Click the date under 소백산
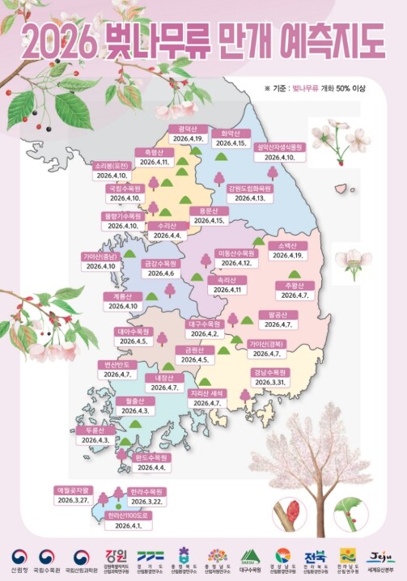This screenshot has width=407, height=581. pos(287,255)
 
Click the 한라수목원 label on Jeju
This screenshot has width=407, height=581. pos(148,491)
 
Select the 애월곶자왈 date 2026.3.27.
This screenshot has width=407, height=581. pos(74,500)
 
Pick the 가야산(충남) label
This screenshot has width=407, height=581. pos(101,256)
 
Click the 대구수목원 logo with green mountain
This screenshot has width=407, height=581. pos(250,558)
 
